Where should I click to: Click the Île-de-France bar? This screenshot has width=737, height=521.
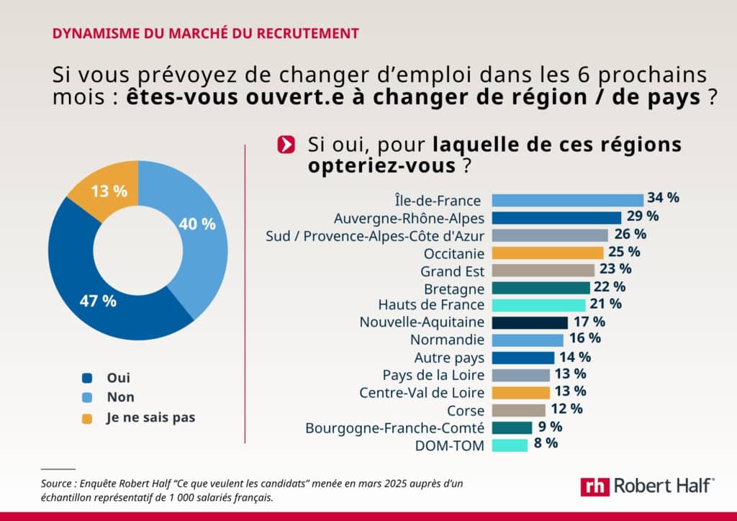567,200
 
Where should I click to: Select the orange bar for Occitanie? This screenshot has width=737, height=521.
547,253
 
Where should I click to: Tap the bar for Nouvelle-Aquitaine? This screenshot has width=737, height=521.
529,322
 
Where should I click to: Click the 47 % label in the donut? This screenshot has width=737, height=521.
98,301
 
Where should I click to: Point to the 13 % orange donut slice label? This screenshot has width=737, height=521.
109,191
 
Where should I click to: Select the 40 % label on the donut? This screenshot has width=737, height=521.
197,224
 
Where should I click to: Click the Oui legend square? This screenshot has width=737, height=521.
88,378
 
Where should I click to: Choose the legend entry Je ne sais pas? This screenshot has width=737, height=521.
151,417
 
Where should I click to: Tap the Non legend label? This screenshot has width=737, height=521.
120,397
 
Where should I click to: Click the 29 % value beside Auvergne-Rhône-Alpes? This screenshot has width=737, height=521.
642,216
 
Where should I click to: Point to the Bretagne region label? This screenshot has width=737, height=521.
454,288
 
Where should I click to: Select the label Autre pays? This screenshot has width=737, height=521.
449,358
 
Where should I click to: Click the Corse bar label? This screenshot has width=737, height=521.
466,410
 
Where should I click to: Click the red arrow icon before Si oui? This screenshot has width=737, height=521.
286,144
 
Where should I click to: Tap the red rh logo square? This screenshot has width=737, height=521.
594,486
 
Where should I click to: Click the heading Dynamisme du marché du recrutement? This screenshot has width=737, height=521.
206,33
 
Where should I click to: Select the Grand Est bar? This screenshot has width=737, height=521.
543,270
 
